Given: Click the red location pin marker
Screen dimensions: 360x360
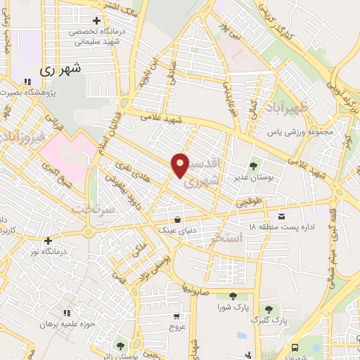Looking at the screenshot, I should [180, 165].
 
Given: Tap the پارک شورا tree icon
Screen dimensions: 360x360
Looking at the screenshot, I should [233, 296].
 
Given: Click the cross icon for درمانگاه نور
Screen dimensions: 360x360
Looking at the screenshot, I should [47, 240].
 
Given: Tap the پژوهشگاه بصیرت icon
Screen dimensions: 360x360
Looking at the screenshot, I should [27, 81].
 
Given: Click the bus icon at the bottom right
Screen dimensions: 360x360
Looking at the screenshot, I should [295, 347].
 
